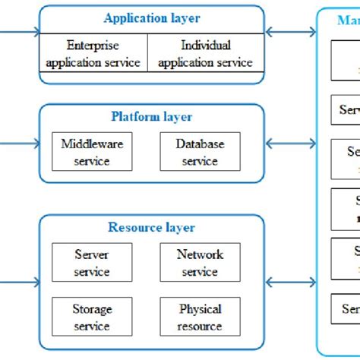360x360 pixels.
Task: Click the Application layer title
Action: click(x=152, y=18)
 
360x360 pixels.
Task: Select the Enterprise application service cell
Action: click(x=93, y=54)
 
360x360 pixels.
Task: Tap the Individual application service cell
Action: click(x=206, y=54)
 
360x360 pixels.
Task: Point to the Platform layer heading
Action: click(x=152, y=116)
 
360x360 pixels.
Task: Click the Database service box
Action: click(x=200, y=152)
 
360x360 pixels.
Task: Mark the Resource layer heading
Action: click(x=152, y=227)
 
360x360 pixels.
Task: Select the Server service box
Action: click(x=92, y=263)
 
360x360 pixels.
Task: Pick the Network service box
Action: click(x=200, y=263)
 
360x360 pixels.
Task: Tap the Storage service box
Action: click(x=92, y=317)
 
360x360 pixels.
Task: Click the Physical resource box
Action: click(x=200, y=317)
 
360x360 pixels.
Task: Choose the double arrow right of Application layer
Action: click(x=291, y=33)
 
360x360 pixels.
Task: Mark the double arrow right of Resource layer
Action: click(x=291, y=281)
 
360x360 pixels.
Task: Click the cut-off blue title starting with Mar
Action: click(x=348, y=21)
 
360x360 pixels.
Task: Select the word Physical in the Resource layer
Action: click(x=200, y=309)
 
